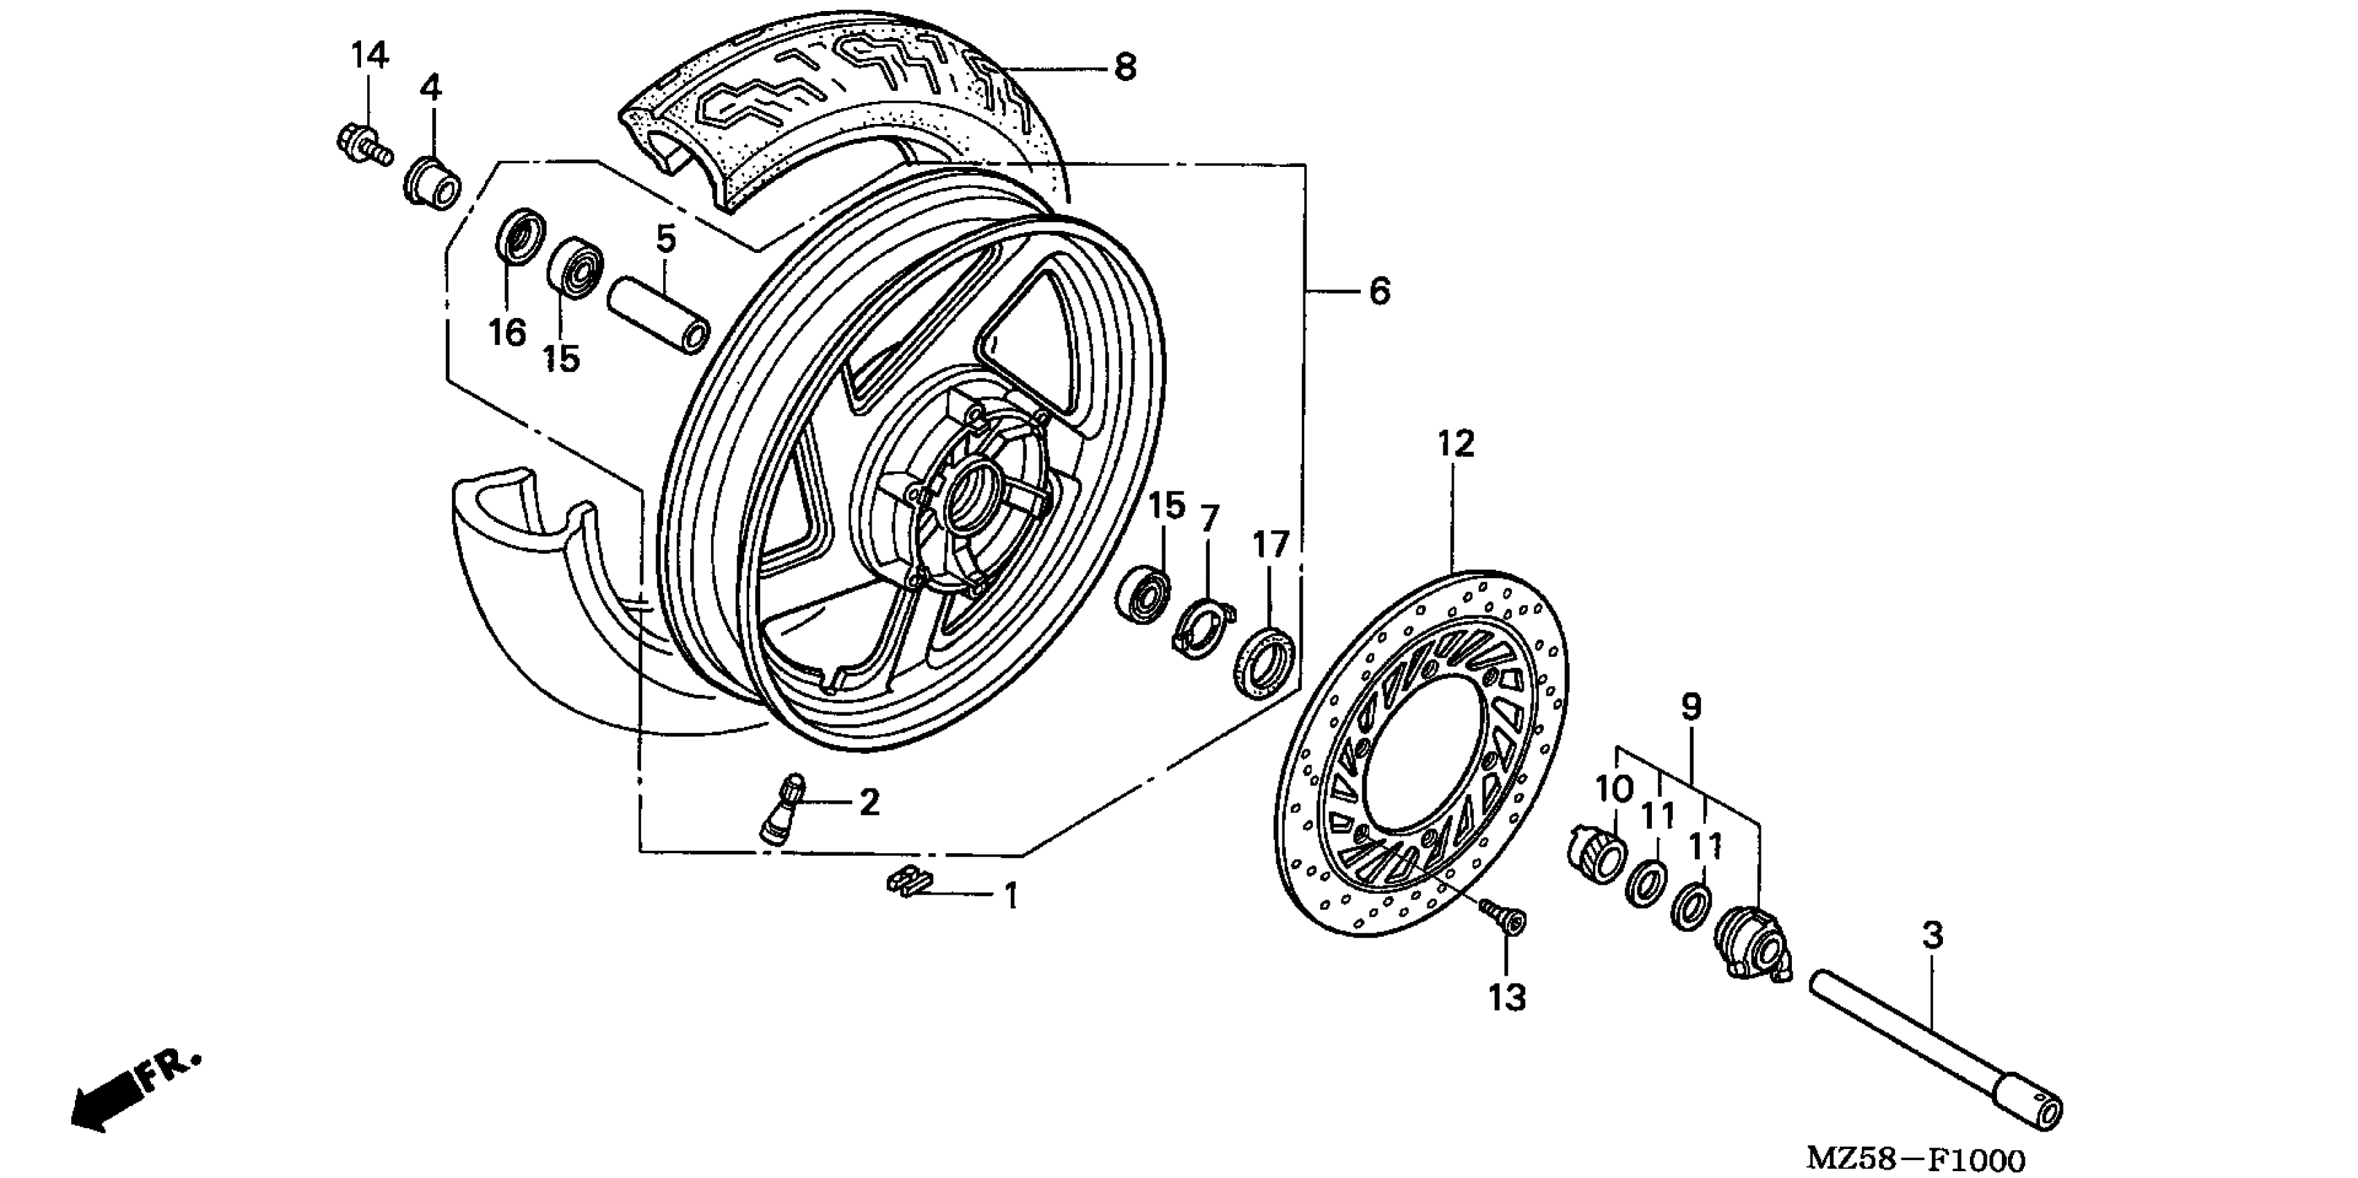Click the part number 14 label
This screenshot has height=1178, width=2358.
click(370, 57)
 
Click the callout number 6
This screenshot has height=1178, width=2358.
click(1380, 291)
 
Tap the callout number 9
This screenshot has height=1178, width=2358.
click(1691, 707)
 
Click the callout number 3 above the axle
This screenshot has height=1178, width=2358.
click(1931, 935)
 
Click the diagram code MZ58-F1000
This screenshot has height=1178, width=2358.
click(1916, 1159)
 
